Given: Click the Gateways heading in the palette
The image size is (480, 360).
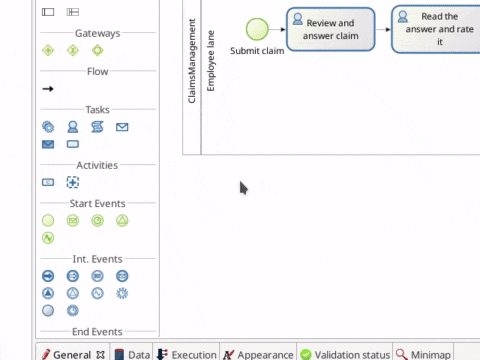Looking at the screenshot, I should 97,33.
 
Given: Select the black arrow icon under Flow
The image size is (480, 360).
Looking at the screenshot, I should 47,89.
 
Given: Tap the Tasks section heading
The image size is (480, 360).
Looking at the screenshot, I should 97,110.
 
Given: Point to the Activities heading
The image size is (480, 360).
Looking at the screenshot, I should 97,165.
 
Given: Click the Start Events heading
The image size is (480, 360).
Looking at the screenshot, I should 97,203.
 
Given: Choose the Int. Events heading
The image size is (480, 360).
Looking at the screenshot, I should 97,258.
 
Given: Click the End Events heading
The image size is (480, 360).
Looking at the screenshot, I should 97,331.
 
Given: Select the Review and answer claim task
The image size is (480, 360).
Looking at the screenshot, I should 331,30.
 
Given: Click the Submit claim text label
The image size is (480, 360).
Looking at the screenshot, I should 257,50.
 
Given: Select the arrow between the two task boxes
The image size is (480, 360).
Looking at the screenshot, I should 383,30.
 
